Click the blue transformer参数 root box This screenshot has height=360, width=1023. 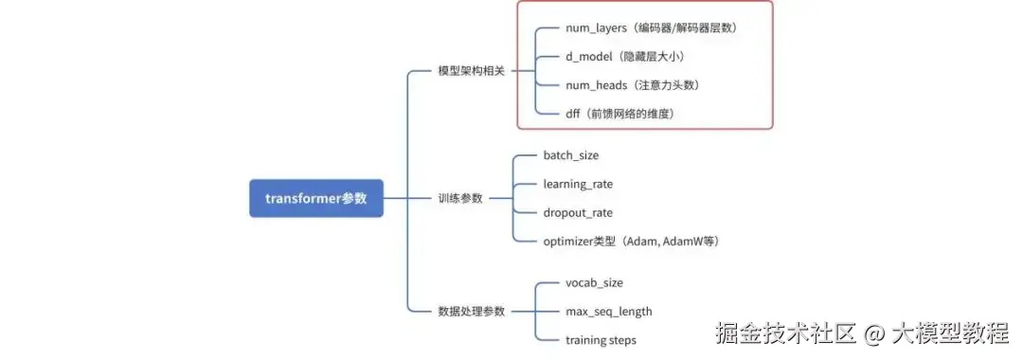click(x=316, y=198)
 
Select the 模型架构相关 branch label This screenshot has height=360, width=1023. click(x=471, y=71)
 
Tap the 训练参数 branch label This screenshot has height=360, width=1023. click(x=459, y=198)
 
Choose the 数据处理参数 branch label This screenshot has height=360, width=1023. click(x=471, y=311)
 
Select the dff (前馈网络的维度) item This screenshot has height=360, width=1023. click(x=619, y=114)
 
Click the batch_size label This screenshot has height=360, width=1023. click(x=570, y=155)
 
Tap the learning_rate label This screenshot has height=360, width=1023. click(x=583, y=184)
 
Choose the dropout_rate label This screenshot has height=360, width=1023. click(x=578, y=212)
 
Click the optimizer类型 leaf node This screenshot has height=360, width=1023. click(x=631, y=241)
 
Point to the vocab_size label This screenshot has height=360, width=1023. click(x=594, y=282)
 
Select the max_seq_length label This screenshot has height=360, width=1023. click(x=608, y=311)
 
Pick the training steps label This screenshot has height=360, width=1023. click(x=601, y=339)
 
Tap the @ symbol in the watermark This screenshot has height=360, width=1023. click(x=874, y=333)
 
